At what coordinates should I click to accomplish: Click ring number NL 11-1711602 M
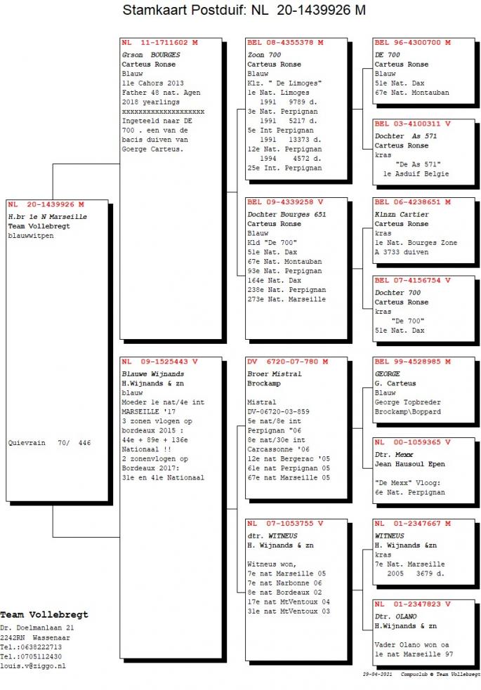159,43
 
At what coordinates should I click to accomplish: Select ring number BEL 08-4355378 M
285,43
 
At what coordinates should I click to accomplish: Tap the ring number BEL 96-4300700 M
412,43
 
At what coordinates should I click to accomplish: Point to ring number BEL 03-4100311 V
412,124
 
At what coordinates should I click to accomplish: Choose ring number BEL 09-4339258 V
285,202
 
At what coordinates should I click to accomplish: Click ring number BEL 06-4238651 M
412,202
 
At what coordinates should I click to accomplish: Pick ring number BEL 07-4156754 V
412,280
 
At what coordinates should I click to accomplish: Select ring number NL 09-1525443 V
159,361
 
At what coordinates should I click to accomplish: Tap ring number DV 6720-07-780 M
288,361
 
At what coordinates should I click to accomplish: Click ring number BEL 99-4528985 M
412,361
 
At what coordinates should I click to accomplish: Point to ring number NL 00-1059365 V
412,442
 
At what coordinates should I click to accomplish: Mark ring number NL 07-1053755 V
285,524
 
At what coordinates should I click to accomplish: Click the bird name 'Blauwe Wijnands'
153,374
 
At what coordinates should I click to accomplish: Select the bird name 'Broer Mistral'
275,374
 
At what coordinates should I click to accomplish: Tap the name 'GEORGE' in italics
388,374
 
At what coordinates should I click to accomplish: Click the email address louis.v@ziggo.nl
33,666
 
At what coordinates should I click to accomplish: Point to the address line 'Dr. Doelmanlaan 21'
37,628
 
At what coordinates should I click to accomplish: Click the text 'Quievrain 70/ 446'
49,443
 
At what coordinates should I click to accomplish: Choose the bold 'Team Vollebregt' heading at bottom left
44,615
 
